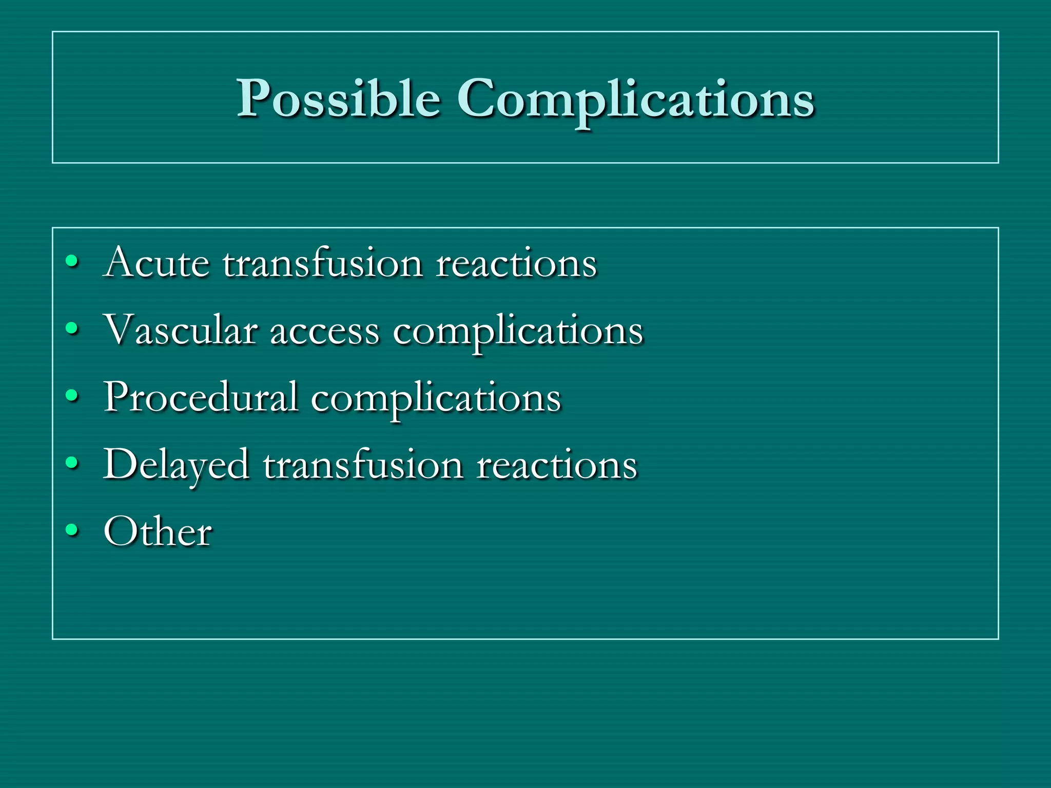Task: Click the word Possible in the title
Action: click(339, 98)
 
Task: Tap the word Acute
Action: click(157, 263)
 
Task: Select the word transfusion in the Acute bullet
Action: click(323, 263)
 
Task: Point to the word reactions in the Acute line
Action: click(516, 263)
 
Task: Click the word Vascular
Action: click(181, 330)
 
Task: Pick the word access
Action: click(325, 331)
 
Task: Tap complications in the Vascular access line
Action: click(518, 331)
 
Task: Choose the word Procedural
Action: click(201, 397)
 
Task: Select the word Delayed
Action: click(177, 465)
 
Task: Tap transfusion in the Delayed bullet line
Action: click(363, 465)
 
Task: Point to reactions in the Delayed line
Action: click(557, 465)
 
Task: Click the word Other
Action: click(158, 531)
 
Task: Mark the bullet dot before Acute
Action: click(72, 262)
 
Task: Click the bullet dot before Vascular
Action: click(72, 328)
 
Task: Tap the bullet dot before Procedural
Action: click(72, 396)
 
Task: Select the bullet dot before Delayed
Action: click(72, 463)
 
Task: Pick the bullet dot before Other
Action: click(72, 530)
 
